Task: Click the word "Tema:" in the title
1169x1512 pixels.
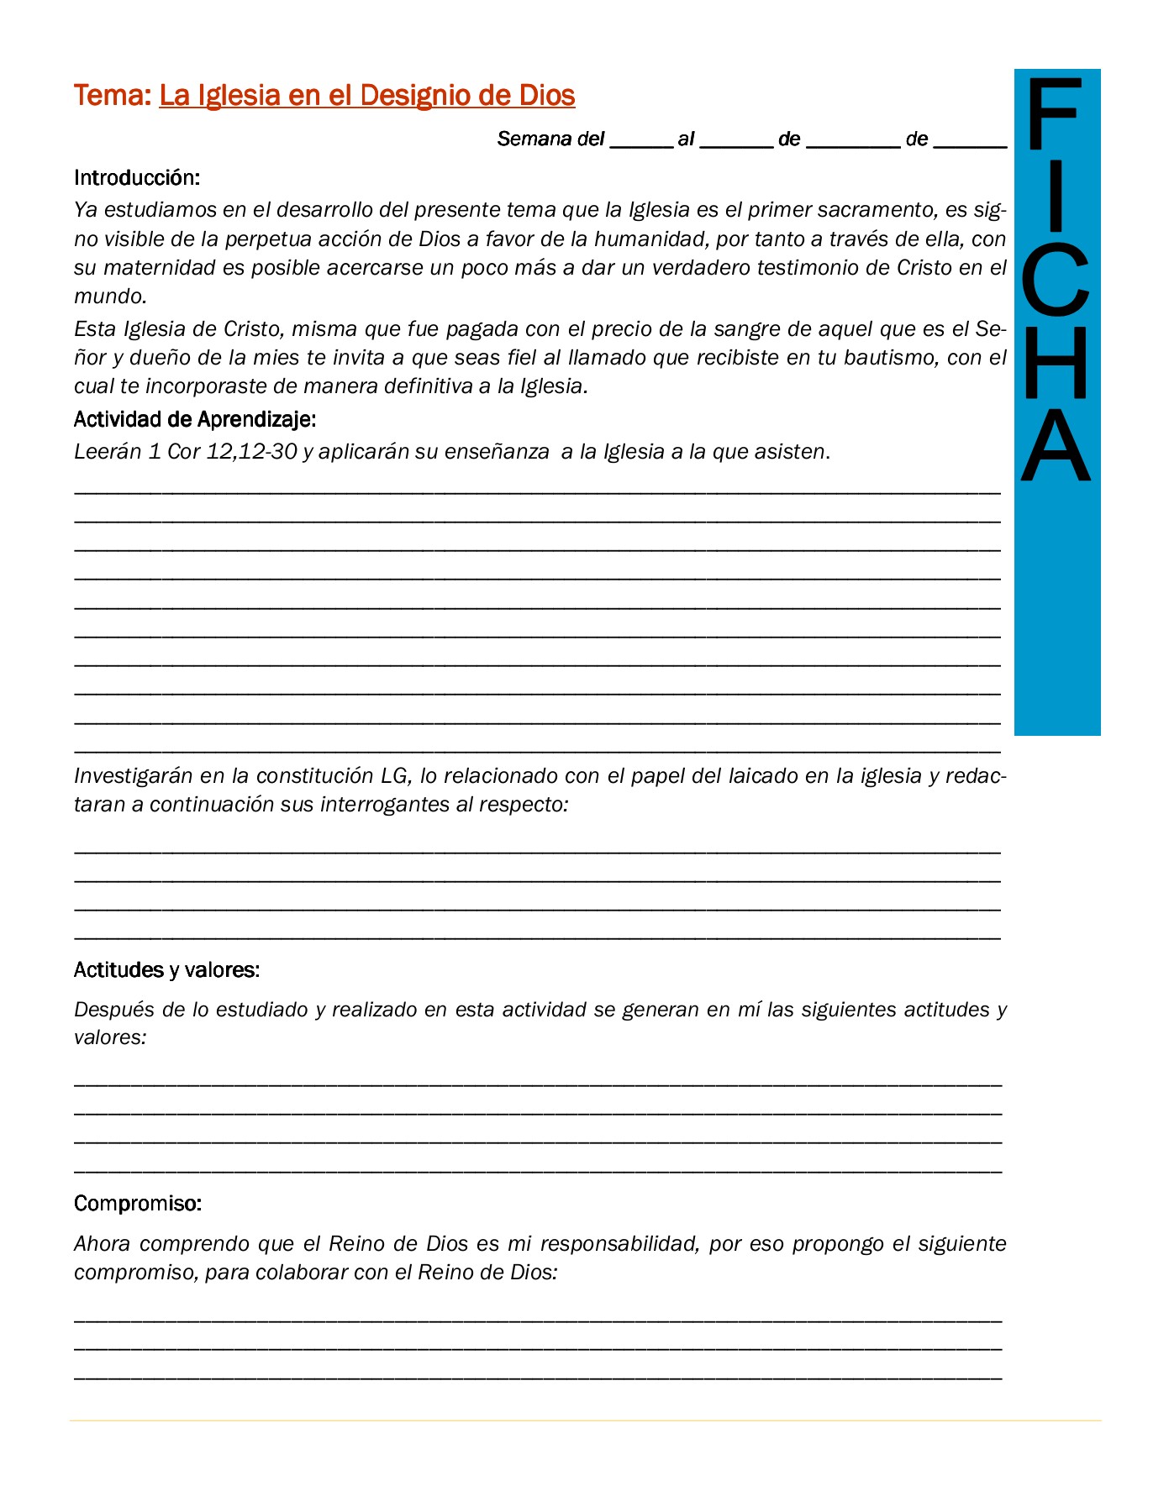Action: click(x=112, y=96)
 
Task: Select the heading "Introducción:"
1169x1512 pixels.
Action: click(x=137, y=178)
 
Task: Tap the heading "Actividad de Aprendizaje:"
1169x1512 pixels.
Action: click(x=195, y=419)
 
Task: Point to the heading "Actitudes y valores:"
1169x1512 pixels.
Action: click(x=166, y=970)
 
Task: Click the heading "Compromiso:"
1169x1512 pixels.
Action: click(x=138, y=1204)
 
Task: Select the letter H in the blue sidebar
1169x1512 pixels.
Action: click(x=1056, y=363)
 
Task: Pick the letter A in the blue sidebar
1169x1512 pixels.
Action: click(x=1056, y=445)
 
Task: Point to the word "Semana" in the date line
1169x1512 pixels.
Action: click(x=534, y=139)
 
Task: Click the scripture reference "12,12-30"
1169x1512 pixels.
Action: click(x=252, y=452)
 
